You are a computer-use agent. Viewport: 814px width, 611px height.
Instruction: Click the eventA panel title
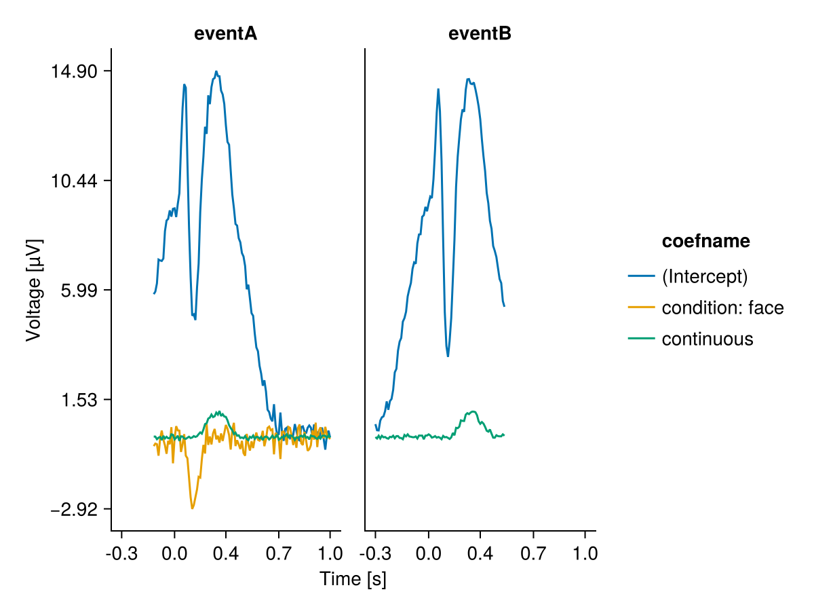click(x=225, y=34)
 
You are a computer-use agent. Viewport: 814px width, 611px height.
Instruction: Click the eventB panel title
click(x=480, y=34)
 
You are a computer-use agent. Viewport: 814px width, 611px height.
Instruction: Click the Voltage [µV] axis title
click(x=34, y=290)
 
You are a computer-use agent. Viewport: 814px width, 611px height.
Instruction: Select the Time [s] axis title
click(x=353, y=579)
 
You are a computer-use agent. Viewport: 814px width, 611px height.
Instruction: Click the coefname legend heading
click(x=705, y=241)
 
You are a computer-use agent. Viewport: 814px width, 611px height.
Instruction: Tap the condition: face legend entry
click(x=722, y=308)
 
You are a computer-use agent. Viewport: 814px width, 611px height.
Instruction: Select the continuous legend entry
click(x=707, y=339)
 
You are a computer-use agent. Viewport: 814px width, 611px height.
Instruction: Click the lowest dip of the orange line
click(x=192, y=508)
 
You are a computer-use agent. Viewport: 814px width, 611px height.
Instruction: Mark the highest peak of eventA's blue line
click(x=216, y=71)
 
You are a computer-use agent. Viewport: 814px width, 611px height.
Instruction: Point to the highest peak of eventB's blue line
click(x=468, y=79)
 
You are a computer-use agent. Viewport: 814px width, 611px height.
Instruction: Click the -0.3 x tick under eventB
click(x=375, y=554)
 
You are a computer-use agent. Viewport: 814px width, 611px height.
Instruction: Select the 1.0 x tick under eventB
click(x=585, y=554)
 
